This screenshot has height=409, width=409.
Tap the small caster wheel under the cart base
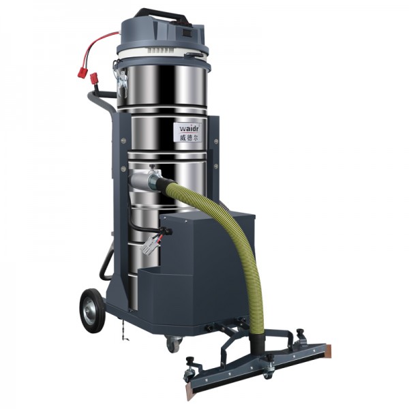point(173,344)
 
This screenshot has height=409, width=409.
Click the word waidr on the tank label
point(188,129)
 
